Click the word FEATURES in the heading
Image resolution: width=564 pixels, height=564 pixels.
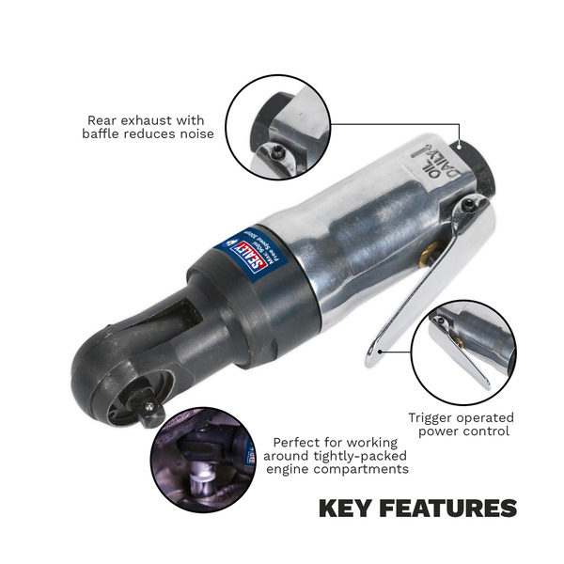[x=451, y=509]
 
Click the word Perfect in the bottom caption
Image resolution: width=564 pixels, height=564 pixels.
[x=298, y=442]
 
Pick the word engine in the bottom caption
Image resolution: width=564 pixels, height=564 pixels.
[x=295, y=469]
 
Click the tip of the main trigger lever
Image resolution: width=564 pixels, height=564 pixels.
[x=372, y=358]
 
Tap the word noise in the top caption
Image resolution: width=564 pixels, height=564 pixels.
[x=193, y=134]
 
